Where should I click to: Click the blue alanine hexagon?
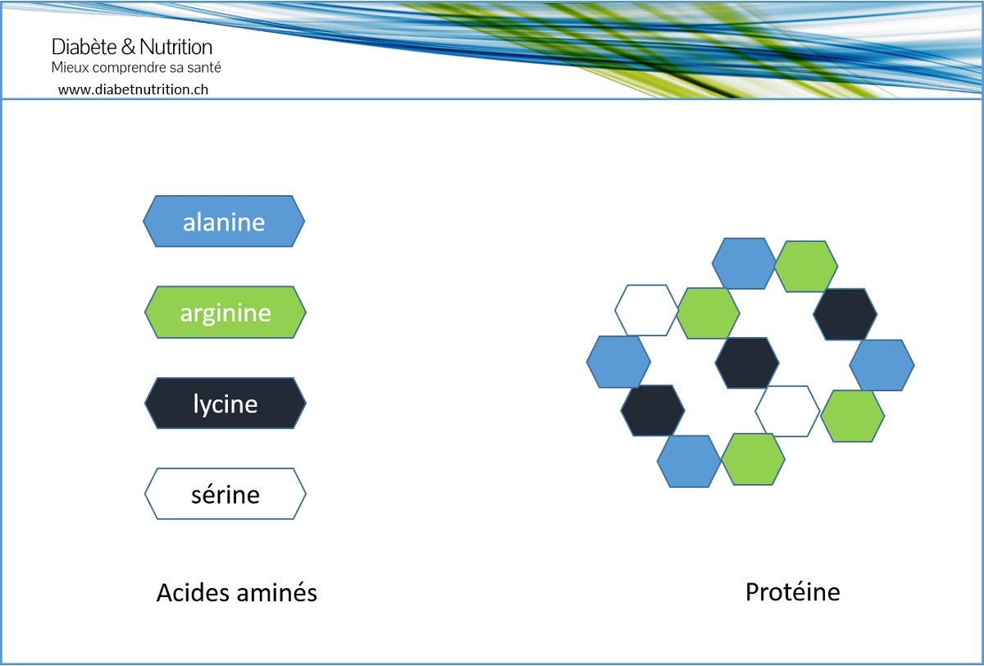[x=224, y=221]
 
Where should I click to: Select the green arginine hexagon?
[x=225, y=312]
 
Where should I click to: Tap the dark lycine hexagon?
[x=225, y=404]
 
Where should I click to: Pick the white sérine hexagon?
[x=225, y=495]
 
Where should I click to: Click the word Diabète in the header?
[x=84, y=47]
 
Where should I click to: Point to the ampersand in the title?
[x=128, y=47]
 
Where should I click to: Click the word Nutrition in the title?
[x=175, y=47]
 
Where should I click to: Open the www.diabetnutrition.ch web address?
[x=133, y=89]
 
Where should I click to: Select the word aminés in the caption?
[x=277, y=592]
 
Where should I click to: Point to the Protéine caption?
[x=793, y=591]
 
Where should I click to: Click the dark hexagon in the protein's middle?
[x=747, y=363]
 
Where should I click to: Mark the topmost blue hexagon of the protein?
[x=744, y=263]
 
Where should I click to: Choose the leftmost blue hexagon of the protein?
[x=618, y=362]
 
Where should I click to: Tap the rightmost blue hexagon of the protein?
[x=882, y=365]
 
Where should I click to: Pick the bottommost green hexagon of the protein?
[x=753, y=459]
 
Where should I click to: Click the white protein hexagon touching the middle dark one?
[x=788, y=411]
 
